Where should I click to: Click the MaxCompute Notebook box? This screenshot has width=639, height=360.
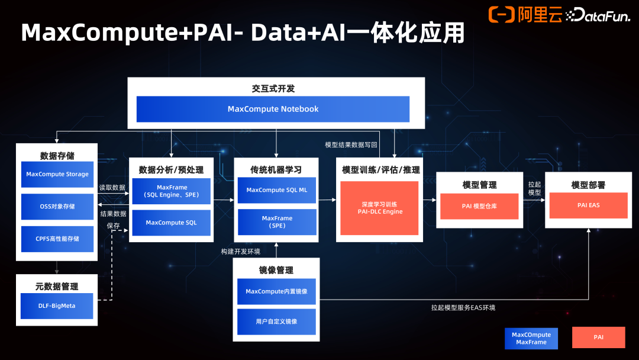pos(273,109)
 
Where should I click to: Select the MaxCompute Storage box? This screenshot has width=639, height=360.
pos(57,174)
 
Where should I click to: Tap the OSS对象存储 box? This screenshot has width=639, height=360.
pos(57,207)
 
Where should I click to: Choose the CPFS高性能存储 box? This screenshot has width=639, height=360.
pos(57,239)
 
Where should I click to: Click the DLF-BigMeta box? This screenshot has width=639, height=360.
pos(57,306)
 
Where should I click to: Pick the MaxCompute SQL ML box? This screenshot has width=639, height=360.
pos(277,190)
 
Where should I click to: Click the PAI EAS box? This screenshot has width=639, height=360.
pos(588,205)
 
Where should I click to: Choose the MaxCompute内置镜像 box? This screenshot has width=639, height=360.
pos(277,291)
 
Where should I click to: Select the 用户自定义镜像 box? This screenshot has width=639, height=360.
pos(277,322)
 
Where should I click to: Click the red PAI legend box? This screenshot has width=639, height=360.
pos(599,337)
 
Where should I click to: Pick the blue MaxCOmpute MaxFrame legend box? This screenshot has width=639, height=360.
pos(531,338)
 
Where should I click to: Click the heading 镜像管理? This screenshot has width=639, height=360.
pos(276,270)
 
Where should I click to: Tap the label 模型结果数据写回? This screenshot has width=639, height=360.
pos(351,144)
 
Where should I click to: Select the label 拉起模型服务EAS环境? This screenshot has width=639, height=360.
pos(463,308)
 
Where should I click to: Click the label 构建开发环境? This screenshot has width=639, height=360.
pos(240,251)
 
